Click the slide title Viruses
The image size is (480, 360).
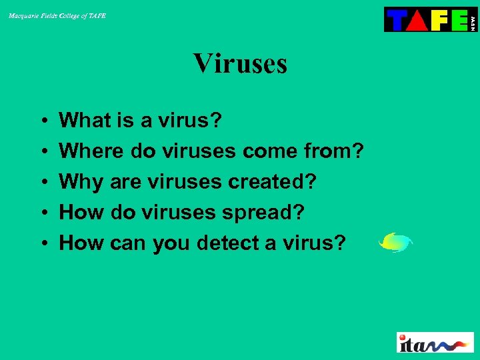pyautogui.click(x=240, y=64)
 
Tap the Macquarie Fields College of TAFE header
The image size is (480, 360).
pyautogui.click(x=57, y=15)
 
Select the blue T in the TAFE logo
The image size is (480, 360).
pyautogui.click(x=396, y=20)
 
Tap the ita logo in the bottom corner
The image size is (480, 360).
pyautogui.click(x=435, y=342)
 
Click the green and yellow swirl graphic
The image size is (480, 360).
pyautogui.click(x=395, y=242)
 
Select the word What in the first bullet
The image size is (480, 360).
pyautogui.click(x=84, y=121)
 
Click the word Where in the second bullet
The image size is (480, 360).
pyautogui.click(x=91, y=151)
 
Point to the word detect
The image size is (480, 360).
pyautogui.click(x=228, y=243)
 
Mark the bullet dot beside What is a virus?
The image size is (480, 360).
pyautogui.click(x=42, y=121)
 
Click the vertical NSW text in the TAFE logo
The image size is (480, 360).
pyautogui.click(x=473, y=21)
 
